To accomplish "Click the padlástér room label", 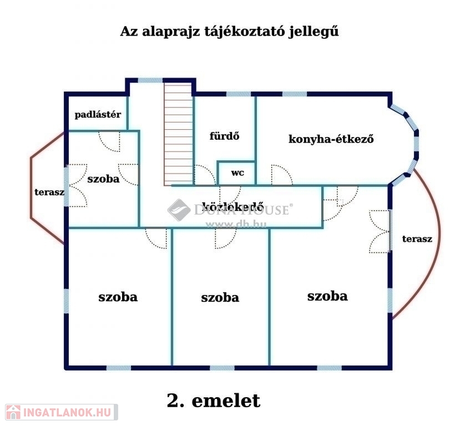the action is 98,114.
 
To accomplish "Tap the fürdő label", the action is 224,136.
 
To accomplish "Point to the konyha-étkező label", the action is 331,139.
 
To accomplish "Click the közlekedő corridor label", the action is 232,207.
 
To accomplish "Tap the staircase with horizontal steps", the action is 178,134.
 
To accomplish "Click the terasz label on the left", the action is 49,192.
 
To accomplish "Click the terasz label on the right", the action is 417,239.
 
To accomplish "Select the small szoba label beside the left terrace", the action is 103,179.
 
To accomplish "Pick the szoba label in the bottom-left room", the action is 118,297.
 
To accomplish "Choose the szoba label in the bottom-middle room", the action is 220,297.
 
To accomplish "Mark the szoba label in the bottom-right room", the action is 327,296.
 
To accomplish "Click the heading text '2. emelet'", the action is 214,400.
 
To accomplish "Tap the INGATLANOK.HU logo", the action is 62,412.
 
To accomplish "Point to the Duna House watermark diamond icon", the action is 179,210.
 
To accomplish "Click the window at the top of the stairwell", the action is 150,80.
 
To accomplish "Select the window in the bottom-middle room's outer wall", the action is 223,368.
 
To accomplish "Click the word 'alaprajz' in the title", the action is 171,32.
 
